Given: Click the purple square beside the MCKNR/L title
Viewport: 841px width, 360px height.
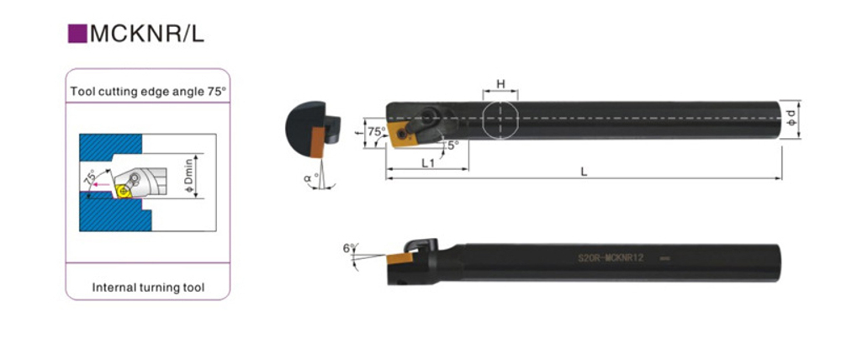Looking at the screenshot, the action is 77,34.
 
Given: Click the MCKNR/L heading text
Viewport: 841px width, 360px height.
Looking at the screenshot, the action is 147,34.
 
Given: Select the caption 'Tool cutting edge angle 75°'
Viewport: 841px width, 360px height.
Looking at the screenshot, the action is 148,91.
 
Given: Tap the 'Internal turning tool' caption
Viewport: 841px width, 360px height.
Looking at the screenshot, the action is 148,288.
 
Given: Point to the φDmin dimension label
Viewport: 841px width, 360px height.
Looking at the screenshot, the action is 188,177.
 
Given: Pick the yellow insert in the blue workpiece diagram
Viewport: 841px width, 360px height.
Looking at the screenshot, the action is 125,190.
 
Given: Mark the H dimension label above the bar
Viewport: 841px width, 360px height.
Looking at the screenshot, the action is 500,84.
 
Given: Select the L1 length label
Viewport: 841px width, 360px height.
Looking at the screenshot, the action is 427,163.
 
